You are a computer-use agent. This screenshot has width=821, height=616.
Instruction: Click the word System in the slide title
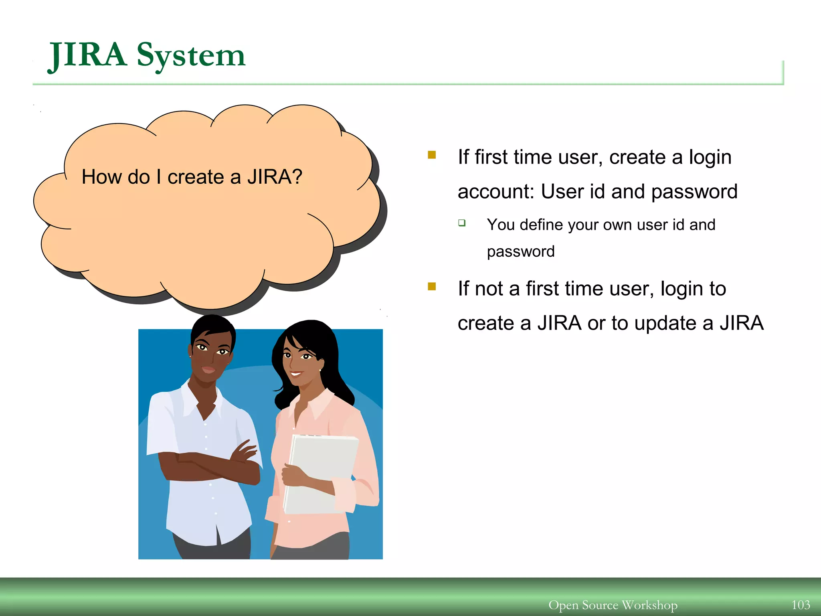[191, 55]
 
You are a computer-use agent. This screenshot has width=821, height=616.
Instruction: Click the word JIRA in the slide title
[87, 55]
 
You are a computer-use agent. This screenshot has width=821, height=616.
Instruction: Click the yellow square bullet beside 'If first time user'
[432, 155]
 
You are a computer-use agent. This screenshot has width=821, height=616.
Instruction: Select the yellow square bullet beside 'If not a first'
[432, 286]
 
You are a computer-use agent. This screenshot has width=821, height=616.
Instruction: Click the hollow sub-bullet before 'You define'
[462, 223]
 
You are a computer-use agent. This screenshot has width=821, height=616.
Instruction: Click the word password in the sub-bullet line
[521, 251]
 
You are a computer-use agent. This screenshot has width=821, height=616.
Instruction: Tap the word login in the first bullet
[710, 157]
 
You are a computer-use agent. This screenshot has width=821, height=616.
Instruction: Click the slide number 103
[801, 605]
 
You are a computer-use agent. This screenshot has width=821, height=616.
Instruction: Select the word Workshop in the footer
[649, 605]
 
